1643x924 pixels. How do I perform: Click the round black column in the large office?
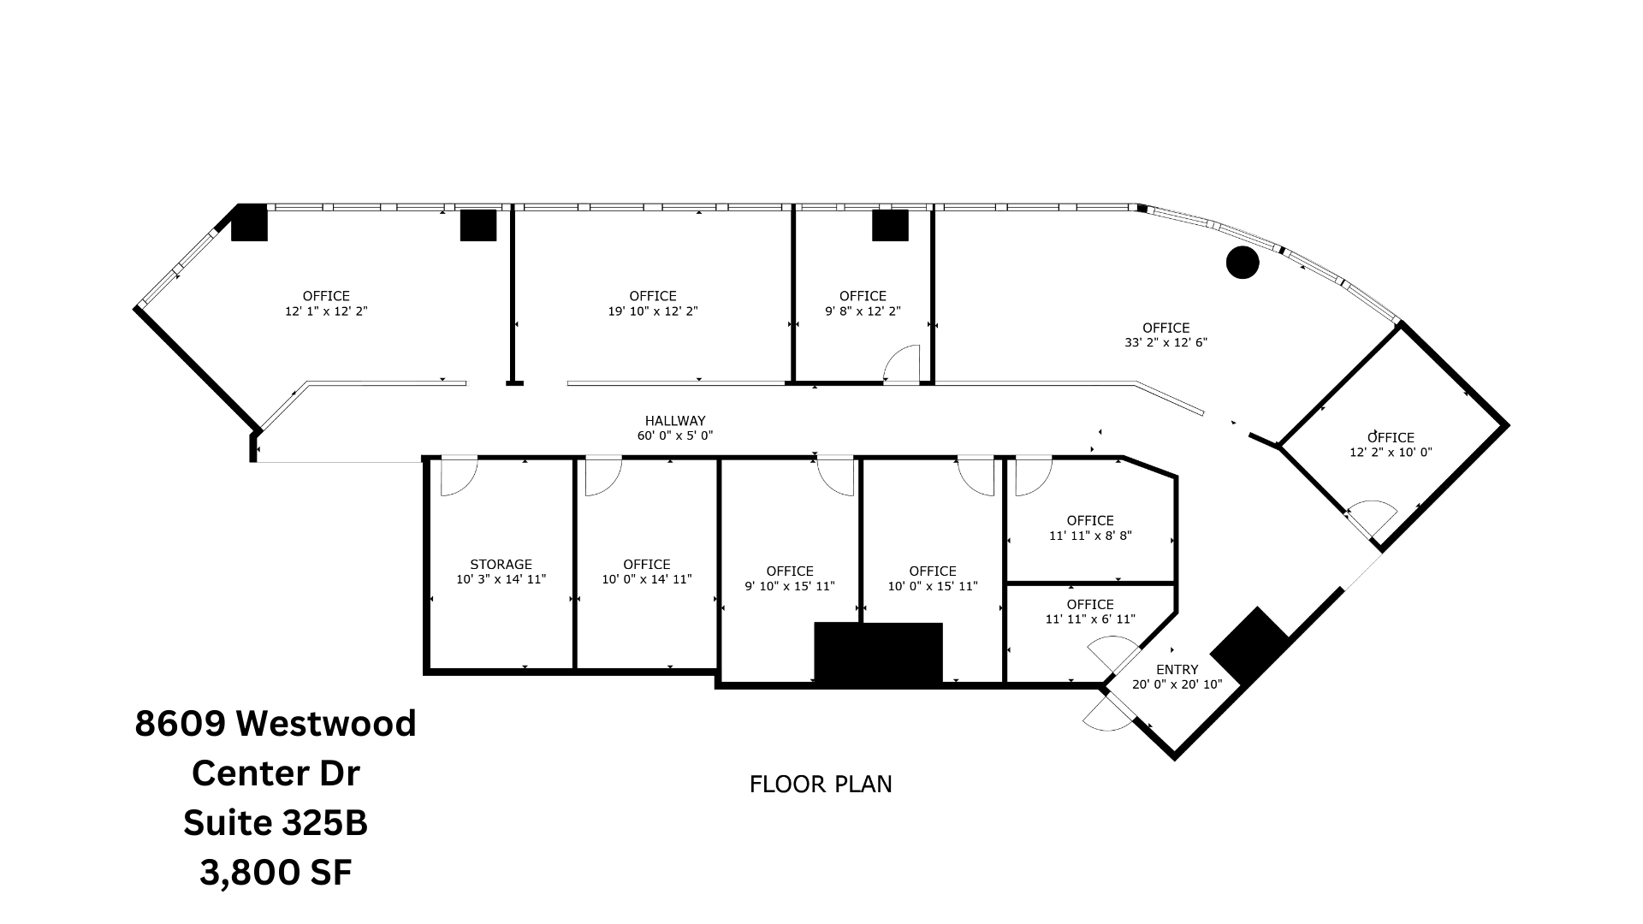(x=1242, y=263)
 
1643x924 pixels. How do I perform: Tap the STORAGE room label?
(x=501, y=565)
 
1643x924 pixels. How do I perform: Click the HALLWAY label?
(x=674, y=421)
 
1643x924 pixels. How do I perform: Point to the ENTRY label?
(x=1177, y=669)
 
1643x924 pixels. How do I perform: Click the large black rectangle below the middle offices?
(x=878, y=653)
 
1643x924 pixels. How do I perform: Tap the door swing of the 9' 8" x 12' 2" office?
(x=902, y=364)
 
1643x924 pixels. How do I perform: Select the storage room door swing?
(x=457, y=477)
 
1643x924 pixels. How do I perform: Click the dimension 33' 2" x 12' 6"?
(x=1166, y=342)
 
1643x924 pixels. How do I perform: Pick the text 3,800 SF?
(x=276, y=873)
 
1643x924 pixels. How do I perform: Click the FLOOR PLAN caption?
(x=821, y=785)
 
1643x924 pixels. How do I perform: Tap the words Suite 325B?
(x=276, y=823)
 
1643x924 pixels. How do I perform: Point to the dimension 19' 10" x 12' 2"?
(x=653, y=311)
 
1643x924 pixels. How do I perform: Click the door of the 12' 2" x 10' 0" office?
(x=1371, y=516)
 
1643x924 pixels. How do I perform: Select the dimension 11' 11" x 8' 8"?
(x=1090, y=536)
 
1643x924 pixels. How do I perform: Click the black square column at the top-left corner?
(x=250, y=222)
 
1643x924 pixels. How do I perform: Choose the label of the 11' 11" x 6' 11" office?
(x=1090, y=605)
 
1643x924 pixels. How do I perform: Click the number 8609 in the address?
(x=180, y=724)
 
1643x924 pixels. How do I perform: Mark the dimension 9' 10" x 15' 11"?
(x=789, y=586)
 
